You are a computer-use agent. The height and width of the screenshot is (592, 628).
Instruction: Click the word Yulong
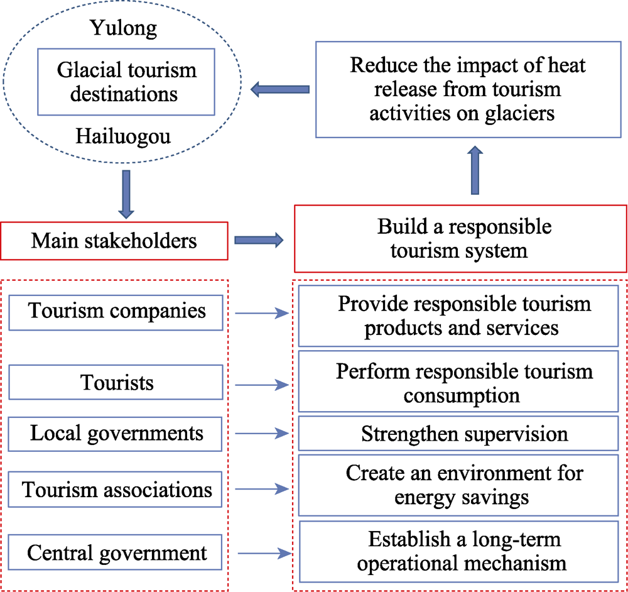click(123, 28)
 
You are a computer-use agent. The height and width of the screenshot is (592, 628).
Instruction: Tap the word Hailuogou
click(123, 136)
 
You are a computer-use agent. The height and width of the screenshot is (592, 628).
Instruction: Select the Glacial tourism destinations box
click(126, 82)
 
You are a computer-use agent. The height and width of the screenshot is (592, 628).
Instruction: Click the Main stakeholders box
click(114, 241)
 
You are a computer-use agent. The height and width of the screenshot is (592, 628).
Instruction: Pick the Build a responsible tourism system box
click(460, 239)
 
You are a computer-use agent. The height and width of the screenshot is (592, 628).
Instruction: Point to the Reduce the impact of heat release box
click(468, 89)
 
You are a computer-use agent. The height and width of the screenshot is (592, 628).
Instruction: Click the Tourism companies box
click(116, 312)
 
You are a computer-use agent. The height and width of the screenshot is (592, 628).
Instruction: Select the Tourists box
click(116, 382)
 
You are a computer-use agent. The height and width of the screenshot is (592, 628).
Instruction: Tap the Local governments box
click(115, 434)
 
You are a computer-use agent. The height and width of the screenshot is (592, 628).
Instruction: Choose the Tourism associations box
click(115, 490)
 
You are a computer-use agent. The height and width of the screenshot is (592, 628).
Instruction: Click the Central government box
click(115, 552)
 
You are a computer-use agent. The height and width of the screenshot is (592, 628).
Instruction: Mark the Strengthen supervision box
click(458, 434)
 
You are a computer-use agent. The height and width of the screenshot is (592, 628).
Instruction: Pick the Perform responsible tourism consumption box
click(458, 381)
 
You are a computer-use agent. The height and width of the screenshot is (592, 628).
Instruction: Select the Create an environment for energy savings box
click(458, 485)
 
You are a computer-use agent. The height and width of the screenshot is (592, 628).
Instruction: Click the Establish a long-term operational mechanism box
click(459, 552)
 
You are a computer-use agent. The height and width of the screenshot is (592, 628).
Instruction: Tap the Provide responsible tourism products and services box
click(458, 316)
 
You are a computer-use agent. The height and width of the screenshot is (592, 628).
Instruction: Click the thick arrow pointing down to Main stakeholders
click(126, 194)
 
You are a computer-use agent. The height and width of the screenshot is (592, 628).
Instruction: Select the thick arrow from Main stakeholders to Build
click(259, 240)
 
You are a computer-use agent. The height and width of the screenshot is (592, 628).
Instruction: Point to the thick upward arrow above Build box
click(475, 170)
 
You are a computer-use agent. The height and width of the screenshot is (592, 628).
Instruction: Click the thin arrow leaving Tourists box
click(262, 385)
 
